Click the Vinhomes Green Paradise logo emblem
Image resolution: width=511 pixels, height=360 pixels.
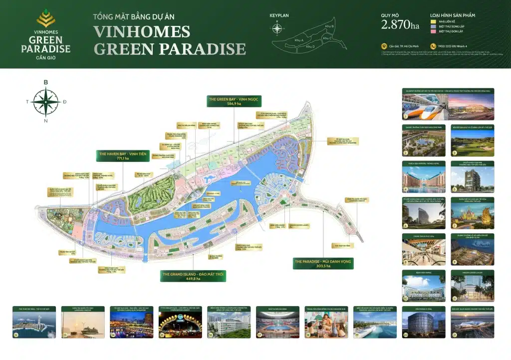click(x=46, y=18)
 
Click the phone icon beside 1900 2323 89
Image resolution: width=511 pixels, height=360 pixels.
click(x=433, y=46)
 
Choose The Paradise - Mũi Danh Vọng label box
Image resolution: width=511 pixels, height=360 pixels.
click(x=323, y=263)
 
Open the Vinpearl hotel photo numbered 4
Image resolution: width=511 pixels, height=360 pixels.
click(x=424, y=176)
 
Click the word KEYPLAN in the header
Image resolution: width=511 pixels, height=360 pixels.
click(x=279, y=15)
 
